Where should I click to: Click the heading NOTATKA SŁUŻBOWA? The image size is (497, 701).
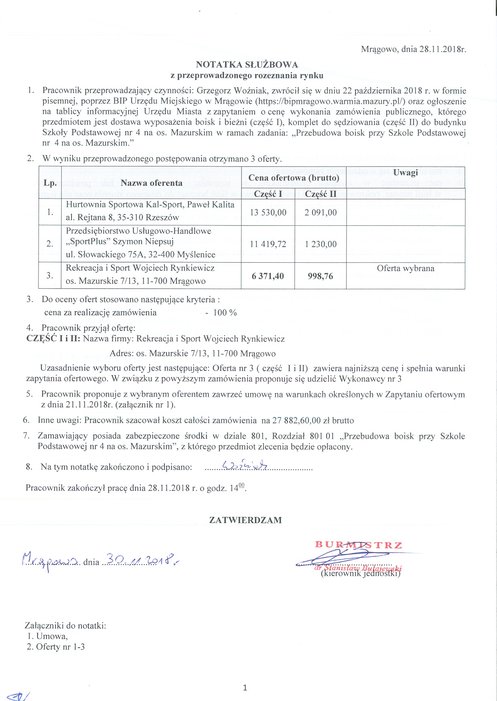tap(247, 65)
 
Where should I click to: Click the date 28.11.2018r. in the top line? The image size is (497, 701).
tap(442, 49)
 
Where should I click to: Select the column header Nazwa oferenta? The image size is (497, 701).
tap(151, 183)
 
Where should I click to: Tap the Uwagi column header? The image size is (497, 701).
tap(405, 172)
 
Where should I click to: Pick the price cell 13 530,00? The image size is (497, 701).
tap(268, 212)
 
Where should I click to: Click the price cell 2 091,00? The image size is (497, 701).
tap(320, 212)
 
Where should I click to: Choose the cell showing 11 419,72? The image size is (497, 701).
tap(268, 244)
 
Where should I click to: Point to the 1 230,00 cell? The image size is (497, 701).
tap(320, 244)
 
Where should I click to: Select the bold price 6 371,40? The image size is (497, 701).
tap(268, 276)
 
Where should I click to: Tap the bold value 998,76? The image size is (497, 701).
tap(320, 276)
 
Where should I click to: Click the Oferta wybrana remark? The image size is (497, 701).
tap(405, 268)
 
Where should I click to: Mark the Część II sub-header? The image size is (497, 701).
tap(320, 194)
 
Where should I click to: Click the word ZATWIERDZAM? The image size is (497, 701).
tap(245, 520)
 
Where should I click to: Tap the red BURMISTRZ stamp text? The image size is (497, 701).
tap(358, 545)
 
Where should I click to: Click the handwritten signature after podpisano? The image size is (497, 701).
tap(245, 465)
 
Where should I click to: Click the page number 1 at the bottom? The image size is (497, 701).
tap(245, 688)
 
